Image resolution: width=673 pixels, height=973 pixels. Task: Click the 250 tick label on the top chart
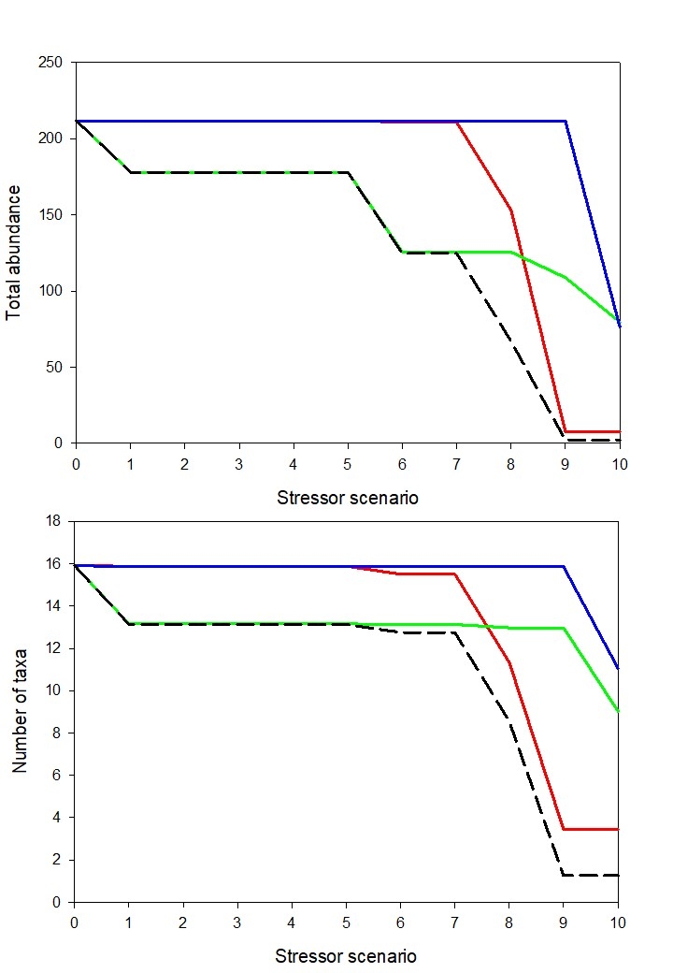50,63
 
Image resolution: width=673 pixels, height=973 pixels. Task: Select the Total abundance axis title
15,253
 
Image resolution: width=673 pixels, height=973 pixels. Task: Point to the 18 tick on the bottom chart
54,521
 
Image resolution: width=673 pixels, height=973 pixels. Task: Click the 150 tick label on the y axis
50,215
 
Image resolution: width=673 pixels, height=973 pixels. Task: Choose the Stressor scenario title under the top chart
348,498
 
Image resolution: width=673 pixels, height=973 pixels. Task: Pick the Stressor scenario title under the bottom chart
346,956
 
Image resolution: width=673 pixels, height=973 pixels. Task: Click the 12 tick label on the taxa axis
54,648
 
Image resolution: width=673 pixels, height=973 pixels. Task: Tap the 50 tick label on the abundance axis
54,367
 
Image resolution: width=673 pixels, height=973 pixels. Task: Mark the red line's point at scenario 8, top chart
511,210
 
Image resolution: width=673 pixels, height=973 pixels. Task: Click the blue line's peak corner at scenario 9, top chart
566,121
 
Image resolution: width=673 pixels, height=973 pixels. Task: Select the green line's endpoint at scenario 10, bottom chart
618,711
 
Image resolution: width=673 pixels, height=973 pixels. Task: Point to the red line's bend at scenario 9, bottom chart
565,829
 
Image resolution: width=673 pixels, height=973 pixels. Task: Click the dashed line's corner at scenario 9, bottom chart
565,875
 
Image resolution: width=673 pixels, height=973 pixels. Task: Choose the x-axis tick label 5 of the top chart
348,464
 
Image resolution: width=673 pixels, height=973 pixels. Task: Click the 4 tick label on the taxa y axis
58,818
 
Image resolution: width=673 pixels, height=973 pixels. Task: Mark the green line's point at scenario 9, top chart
566,277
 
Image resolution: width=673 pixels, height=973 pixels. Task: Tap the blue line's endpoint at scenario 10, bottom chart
618,668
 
